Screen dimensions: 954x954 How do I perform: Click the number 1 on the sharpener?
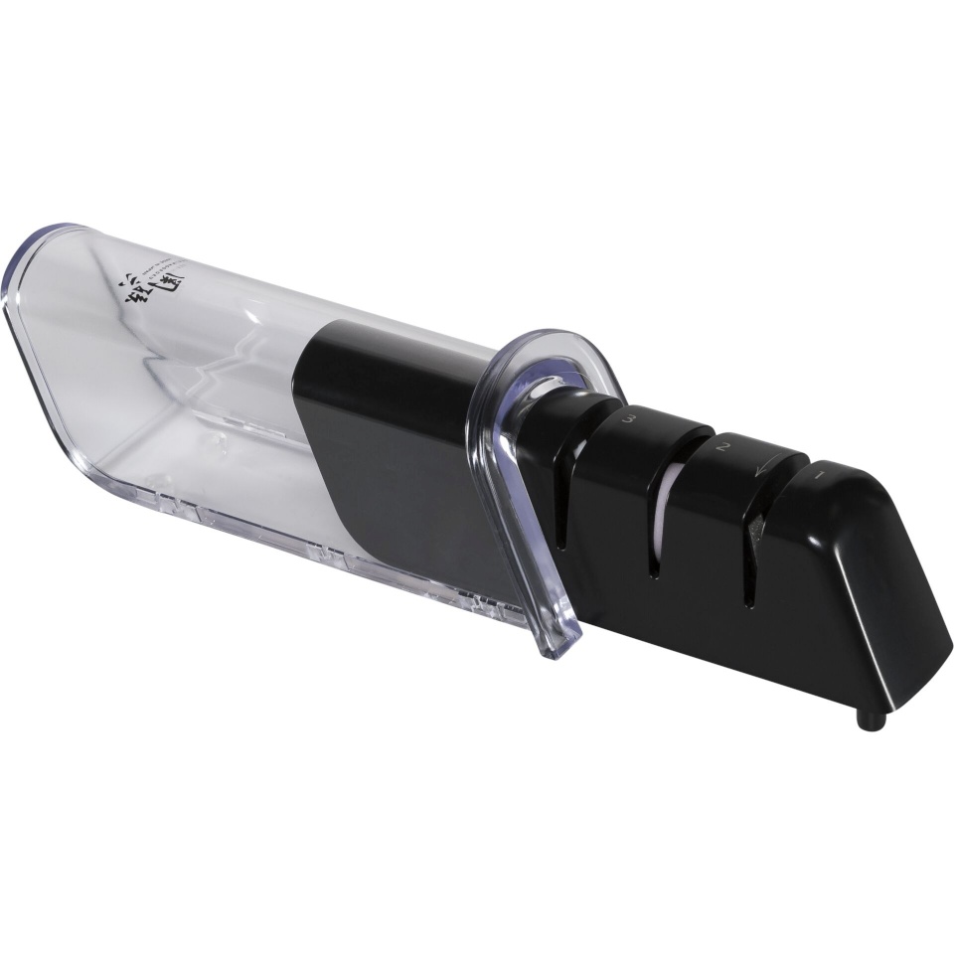821,476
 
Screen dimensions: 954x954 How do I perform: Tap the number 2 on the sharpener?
725,448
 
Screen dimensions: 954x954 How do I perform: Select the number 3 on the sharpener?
629,421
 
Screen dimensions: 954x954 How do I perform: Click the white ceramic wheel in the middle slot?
668,497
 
